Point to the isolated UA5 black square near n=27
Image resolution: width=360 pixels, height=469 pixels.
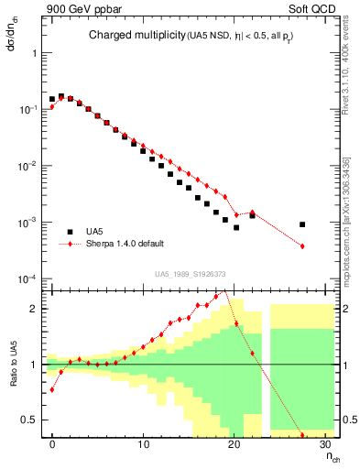301,224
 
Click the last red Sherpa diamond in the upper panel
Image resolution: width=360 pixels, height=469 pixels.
301,245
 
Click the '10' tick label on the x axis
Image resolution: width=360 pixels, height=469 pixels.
143,445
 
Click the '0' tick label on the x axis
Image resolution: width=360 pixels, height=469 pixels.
52,445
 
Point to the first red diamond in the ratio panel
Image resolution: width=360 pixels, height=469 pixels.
52,389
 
